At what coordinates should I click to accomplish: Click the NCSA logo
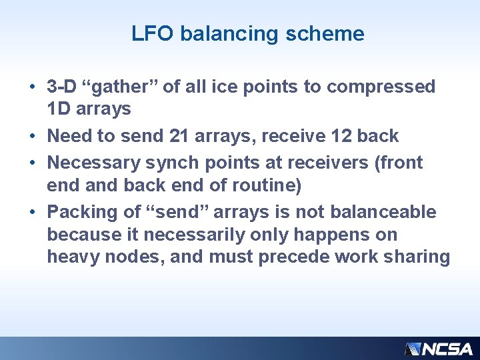(439, 349)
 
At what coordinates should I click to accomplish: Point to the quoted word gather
(121, 87)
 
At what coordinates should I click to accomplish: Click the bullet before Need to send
(33, 137)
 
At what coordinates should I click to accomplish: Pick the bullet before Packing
(33, 213)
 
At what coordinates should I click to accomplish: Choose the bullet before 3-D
(33, 87)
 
